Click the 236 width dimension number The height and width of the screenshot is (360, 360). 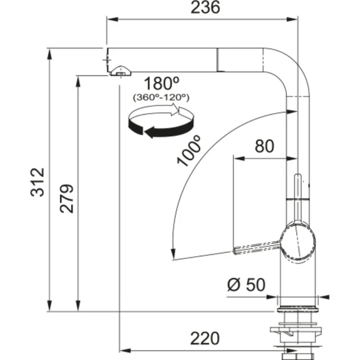(206, 7)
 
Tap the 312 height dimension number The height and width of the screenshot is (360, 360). (37, 182)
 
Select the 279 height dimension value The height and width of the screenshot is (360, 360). (66, 199)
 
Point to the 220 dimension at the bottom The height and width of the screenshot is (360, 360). (205, 339)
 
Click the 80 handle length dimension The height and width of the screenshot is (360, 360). (265, 146)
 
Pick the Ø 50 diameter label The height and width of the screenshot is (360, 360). (246, 285)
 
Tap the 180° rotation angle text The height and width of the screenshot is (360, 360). (161, 83)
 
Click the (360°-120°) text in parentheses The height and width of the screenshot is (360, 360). (161, 97)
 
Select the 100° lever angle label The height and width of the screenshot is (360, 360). (189, 150)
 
